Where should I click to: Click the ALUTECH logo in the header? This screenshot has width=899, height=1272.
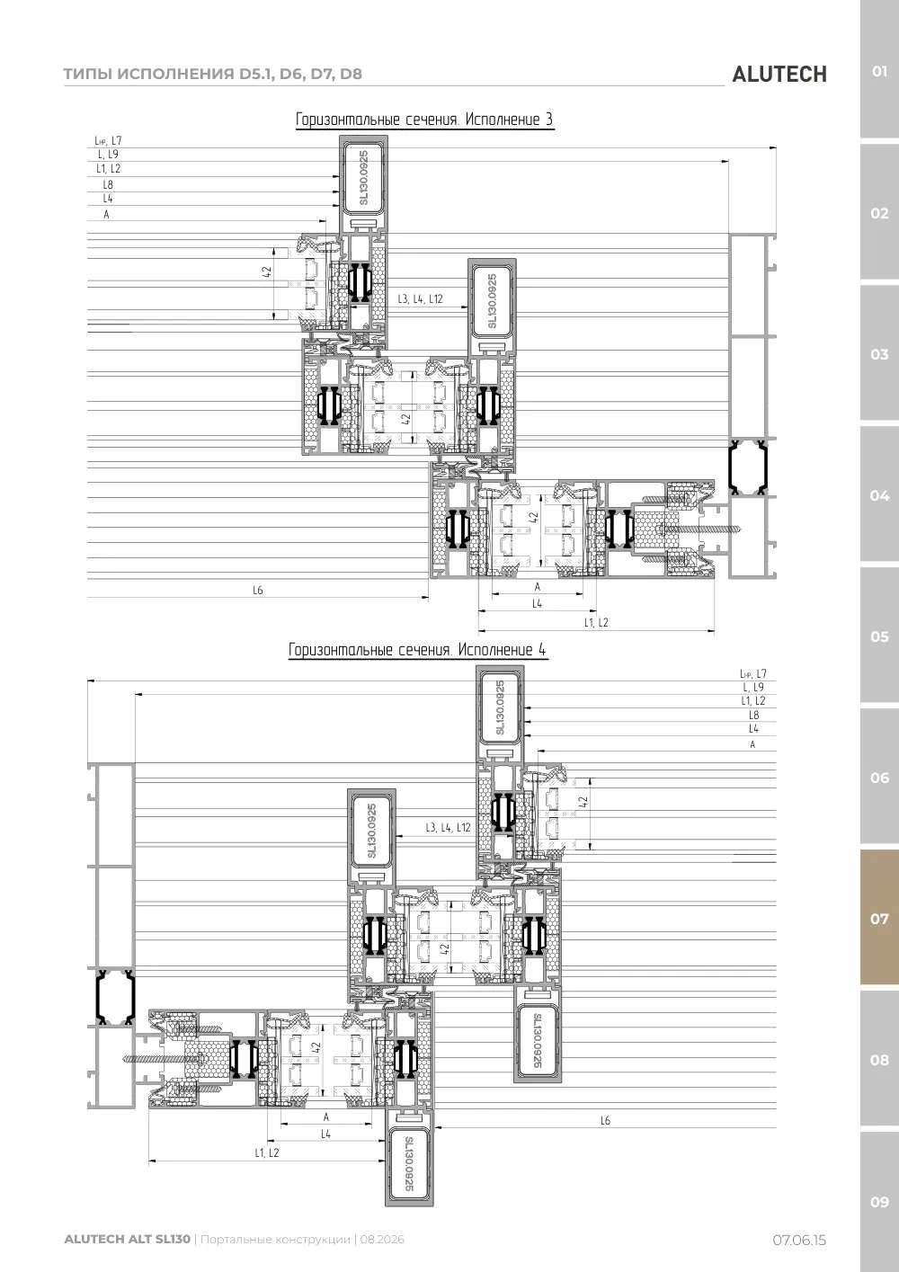point(779,75)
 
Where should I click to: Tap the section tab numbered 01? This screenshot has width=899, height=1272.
point(879,71)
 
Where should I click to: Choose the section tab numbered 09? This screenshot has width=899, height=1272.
point(879,1202)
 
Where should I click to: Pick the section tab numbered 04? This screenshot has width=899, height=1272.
point(879,495)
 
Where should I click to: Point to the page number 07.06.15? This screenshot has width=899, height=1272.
point(799,1241)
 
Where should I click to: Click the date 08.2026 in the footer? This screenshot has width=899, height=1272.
point(382,1240)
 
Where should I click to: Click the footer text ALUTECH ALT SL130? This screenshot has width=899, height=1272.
point(128,1240)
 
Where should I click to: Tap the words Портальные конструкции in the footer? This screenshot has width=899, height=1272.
point(275,1240)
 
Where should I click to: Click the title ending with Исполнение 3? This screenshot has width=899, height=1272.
point(424,120)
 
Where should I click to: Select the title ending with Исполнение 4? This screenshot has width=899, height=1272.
point(417,650)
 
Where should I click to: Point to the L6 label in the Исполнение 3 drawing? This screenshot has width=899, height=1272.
point(258,591)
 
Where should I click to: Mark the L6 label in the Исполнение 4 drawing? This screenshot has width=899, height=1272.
point(605,1120)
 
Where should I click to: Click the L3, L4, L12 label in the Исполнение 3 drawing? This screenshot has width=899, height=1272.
point(420,298)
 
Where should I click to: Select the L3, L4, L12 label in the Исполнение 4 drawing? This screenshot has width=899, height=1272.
point(448,827)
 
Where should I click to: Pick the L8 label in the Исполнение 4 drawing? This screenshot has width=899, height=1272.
point(753,715)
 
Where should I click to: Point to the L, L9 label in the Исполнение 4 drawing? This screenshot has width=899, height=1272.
point(753,687)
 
